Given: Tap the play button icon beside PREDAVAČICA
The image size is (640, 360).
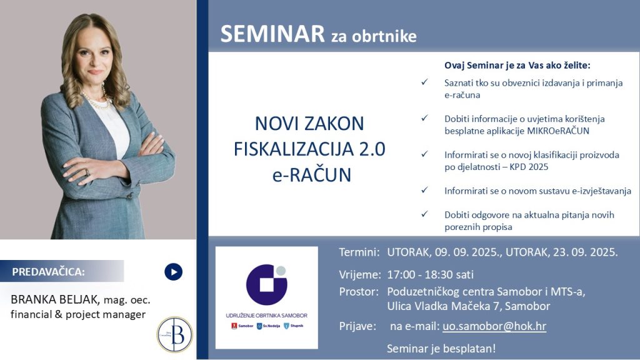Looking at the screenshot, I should click(173, 272).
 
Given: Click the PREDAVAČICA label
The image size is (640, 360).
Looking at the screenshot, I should click(49, 272).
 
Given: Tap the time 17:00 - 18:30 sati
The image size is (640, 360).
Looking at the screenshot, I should click(430, 274).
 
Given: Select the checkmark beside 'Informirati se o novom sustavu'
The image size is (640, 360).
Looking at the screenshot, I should click(424, 190).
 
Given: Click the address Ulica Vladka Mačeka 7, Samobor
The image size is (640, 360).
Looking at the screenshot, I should click(469, 306).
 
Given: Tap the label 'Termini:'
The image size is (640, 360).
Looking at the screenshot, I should click(359, 252).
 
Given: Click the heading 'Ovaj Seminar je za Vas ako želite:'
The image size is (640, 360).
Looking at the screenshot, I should click(517, 65).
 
